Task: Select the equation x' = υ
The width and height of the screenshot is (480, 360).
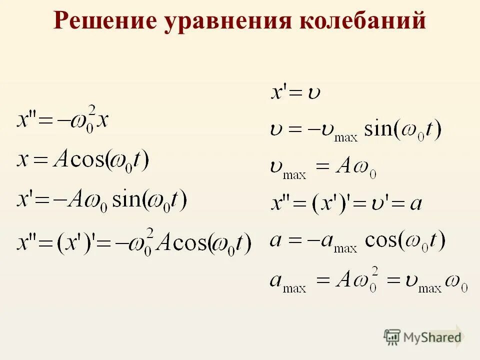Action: tap(295, 92)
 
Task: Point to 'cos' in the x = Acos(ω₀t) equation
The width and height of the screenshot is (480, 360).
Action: tap(86, 161)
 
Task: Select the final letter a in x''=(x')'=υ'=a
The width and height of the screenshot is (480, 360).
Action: tap(415, 204)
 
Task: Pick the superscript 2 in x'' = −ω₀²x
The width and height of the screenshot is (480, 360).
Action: tap(91, 109)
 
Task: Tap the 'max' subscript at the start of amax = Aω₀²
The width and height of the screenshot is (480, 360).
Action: tap(294, 288)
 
